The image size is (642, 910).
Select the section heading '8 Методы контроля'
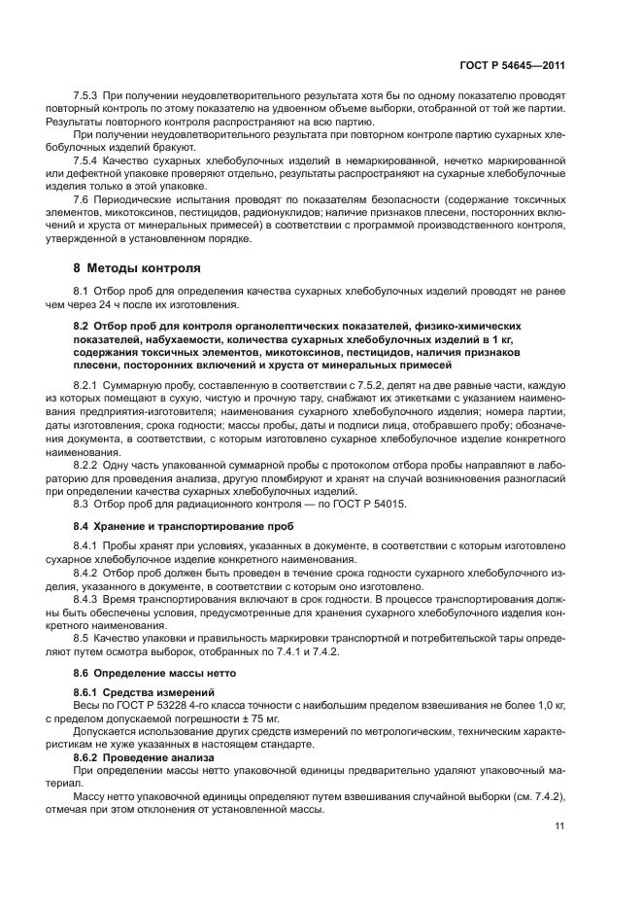[x=137, y=266]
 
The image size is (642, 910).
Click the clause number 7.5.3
[x=87, y=97]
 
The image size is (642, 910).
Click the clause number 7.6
[x=82, y=197]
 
